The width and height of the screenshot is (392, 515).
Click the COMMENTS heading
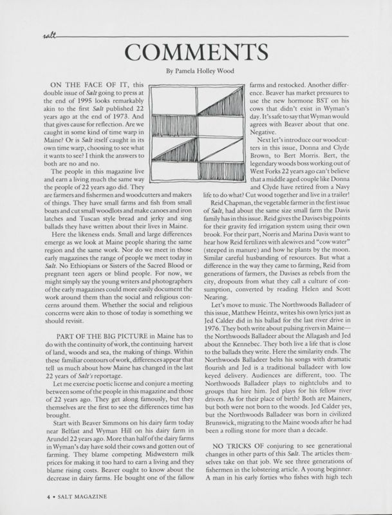click(196, 51)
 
